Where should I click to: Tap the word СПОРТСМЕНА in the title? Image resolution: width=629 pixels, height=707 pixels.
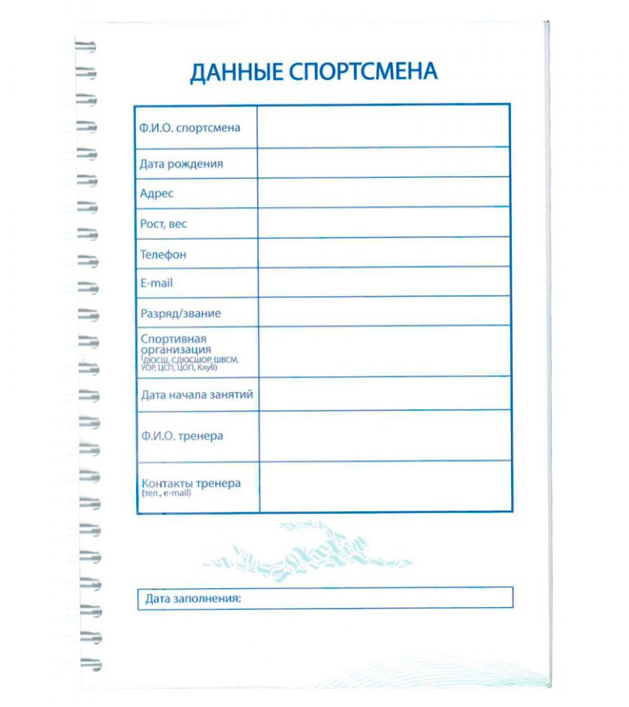pyautogui.click(x=364, y=72)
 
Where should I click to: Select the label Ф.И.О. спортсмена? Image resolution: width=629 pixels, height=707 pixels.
pyautogui.click(x=190, y=128)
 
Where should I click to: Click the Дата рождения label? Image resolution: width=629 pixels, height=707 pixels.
pyautogui.click(x=181, y=164)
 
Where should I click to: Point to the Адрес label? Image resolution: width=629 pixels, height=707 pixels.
pyautogui.click(x=157, y=194)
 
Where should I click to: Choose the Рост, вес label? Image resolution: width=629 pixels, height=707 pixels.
pyautogui.click(x=165, y=223)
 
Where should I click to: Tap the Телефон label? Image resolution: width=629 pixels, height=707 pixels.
pyautogui.click(x=163, y=254)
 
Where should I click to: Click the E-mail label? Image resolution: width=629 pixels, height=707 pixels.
pyautogui.click(x=156, y=283)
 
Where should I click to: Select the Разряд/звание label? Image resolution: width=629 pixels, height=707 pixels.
pyautogui.click(x=180, y=313)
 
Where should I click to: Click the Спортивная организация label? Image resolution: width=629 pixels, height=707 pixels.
pyautogui.click(x=175, y=344)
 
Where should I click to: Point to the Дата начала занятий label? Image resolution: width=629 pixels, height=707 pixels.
pyautogui.click(x=197, y=394)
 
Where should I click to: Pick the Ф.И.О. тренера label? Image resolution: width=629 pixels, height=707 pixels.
pyautogui.click(x=181, y=436)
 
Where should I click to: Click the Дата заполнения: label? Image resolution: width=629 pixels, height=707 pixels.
pyautogui.click(x=193, y=599)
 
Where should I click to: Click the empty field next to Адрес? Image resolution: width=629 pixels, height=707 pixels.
pyautogui.click(x=383, y=193)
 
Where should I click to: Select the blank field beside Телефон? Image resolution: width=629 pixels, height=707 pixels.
pyautogui.click(x=383, y=253)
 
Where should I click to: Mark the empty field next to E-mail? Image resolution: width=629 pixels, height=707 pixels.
pyautogui.click(x=383, y=282)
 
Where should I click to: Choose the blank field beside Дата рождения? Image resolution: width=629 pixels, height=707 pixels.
pyautogui.click(x=383, y=163)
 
